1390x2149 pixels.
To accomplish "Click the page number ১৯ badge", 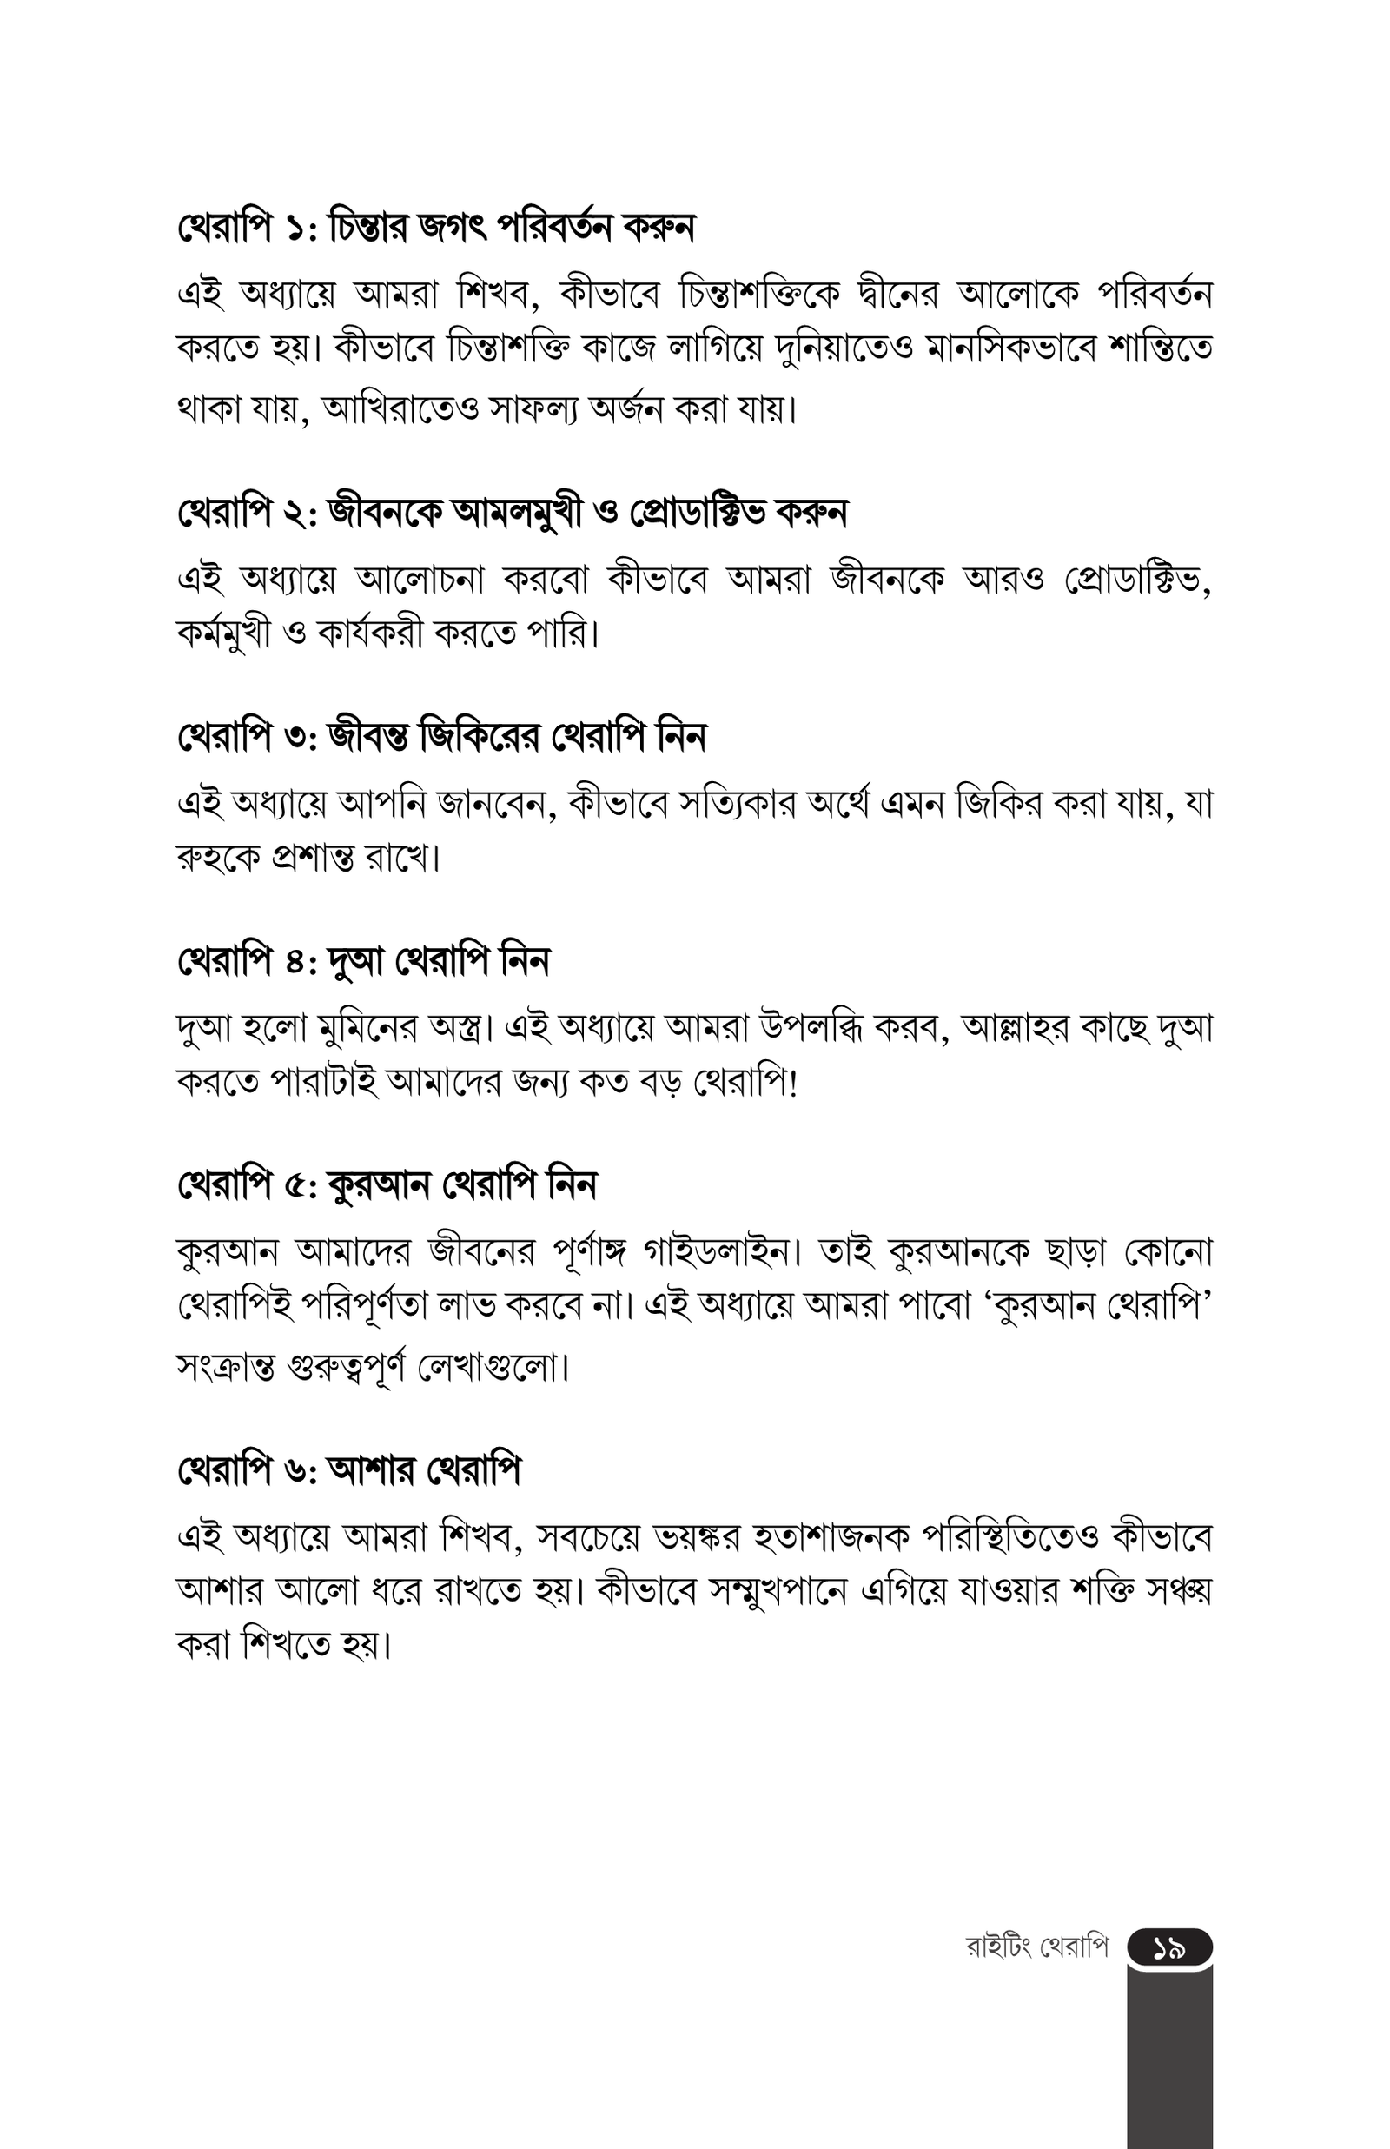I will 1168,1949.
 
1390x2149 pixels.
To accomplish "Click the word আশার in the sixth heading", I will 372,1471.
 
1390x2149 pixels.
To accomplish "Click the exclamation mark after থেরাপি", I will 793,1081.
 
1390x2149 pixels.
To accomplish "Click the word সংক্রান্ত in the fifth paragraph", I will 227,1369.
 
